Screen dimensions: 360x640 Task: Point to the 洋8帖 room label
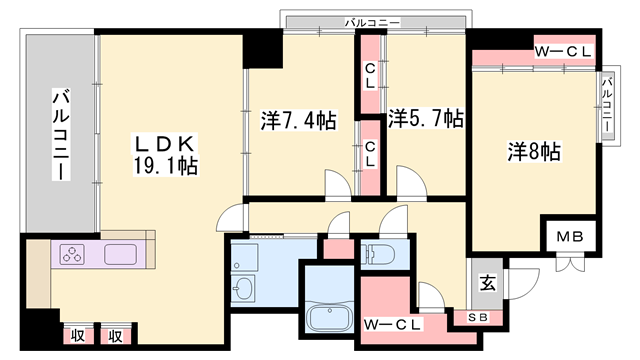(x=533, y=151)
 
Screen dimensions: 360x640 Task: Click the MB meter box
(x=569, y=238)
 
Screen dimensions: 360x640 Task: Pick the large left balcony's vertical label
(x=59, y=135)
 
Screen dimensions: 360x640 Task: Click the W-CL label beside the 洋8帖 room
(x=563, y=50)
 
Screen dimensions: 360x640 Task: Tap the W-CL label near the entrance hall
(x=392, y=323)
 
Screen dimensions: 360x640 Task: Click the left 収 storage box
(x=77, y=336)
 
